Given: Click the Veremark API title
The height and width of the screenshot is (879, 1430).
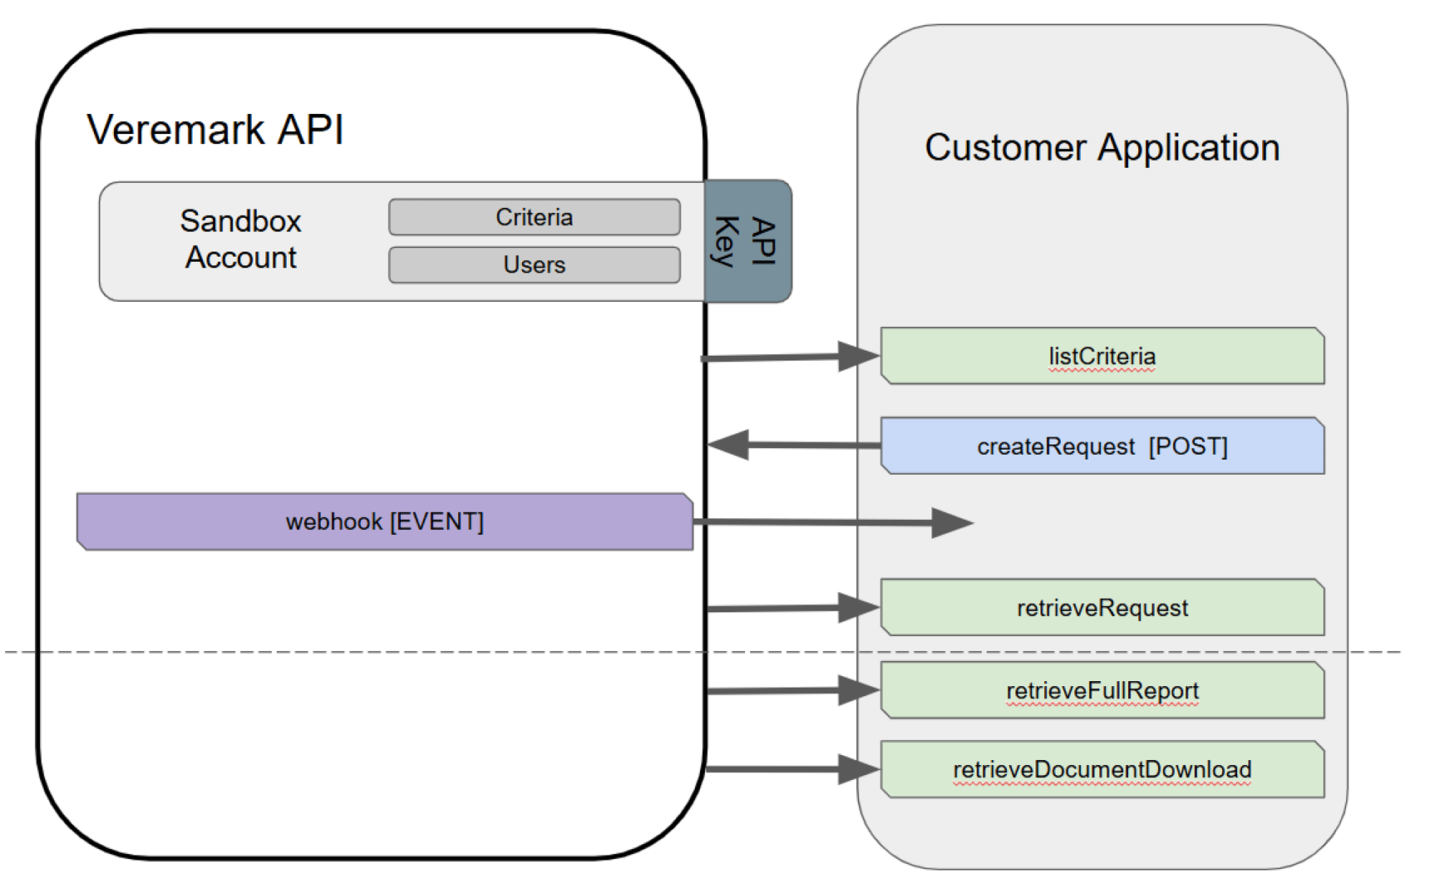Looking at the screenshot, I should coord(215,131).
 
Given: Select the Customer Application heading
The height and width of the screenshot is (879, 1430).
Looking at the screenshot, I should coord(1102,148).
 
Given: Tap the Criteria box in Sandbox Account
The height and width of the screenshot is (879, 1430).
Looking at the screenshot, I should coord(534,217).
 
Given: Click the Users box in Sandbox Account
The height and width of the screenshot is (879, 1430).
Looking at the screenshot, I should coord(534,264).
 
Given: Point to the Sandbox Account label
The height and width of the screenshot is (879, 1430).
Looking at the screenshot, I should coord(240,240).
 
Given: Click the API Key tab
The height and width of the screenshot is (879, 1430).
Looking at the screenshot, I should coord(747,241).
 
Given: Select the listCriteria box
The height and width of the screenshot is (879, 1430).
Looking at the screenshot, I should coord(1102,356).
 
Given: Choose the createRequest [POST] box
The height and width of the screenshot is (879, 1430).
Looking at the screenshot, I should coord(1102,447).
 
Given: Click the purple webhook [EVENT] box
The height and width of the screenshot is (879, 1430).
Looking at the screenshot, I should coord(384,521).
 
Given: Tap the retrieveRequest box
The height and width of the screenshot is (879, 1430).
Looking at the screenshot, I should coord(1102,608).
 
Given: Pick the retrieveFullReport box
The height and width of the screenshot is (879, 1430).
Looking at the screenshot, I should coord(1102,690).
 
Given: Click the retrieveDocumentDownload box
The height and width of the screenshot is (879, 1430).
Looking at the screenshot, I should coord(1102,769).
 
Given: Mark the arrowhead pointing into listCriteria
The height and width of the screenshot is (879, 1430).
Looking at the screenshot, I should coord(859,356).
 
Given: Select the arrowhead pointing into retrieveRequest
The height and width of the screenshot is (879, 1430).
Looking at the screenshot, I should coord(859,608).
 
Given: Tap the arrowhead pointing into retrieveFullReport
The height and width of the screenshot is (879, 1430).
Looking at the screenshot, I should coord(859,690).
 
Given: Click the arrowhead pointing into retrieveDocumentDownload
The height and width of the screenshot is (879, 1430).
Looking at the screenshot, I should coord(859,769).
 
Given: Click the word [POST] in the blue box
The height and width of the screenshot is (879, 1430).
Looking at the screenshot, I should coord(1187,447).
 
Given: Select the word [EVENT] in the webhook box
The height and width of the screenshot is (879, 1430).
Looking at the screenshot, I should coord(436,521).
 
